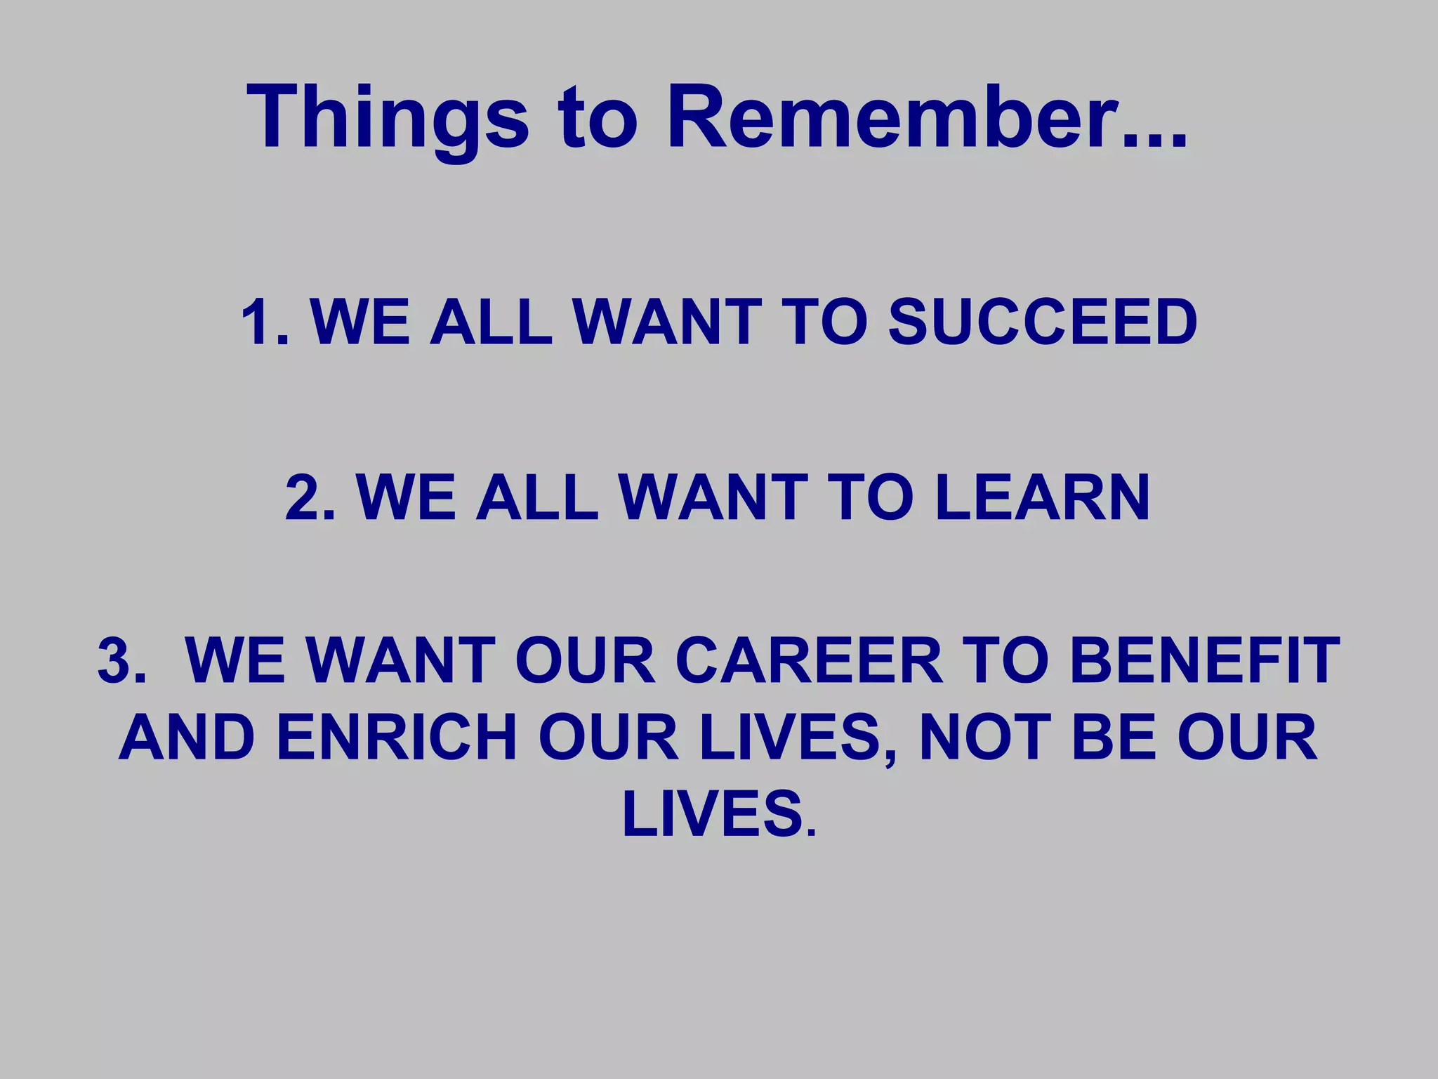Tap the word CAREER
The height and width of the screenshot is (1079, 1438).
pos(808,660)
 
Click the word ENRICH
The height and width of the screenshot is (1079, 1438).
pos(397,738)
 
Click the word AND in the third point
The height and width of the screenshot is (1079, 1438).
pos(187,738)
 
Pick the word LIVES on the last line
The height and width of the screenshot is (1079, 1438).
pos(713,815)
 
